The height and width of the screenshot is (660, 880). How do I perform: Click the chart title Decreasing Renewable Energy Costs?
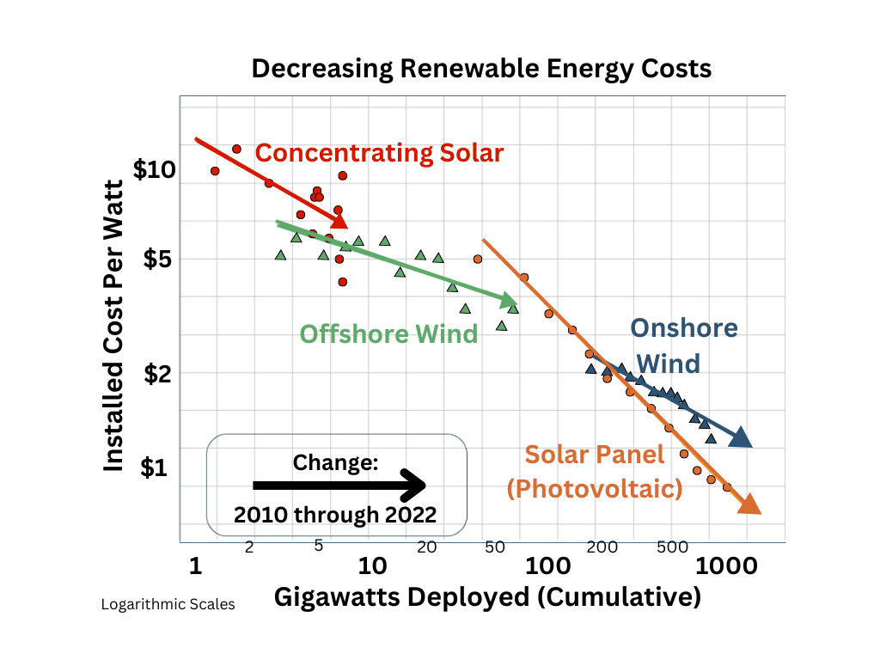pyautogui.click(x=481, y=69)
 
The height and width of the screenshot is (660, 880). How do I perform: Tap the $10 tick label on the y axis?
pyautogui.click(x=155, y=169)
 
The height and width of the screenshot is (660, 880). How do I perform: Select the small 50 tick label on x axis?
pyautogui.click(x=494, y=547)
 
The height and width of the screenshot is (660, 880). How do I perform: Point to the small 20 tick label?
pyautogui.click(x=427, y=547)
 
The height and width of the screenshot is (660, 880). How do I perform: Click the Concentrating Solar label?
pyautogui.click(x=379, y=153)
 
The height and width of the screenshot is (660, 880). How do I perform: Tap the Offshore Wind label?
pyautogui.click(x=388, y=333)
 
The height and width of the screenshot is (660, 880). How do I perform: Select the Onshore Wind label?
pyautogui.click(x=684, y=346)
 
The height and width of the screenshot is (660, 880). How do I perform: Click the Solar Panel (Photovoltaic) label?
pyautogui.click(x=595, y=472)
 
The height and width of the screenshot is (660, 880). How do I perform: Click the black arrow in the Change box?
pyautogui.click(x=339, y=486)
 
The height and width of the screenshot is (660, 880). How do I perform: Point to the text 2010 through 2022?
pyautogui.click(x=335, y=516)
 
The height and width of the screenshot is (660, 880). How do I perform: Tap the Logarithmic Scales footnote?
pyautogui.click(x=168, y=604)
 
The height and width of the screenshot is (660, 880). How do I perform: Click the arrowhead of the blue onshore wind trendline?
pyautogui.click(x=740, y=438)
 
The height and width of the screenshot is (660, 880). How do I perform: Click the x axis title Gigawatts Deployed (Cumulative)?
pyautogui.click(x=487, y=596)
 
